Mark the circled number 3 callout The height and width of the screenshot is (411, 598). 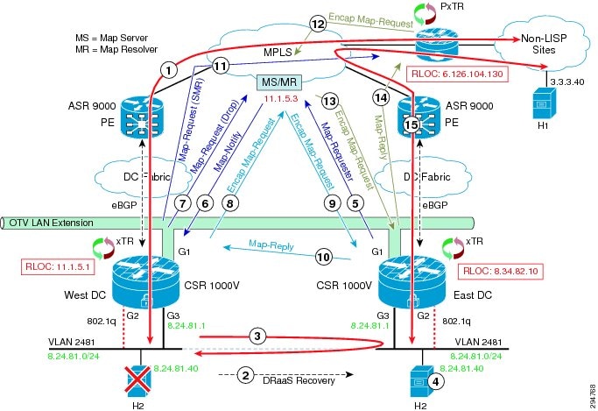(257, 337)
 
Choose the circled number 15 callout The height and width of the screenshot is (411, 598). (412, 124)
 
